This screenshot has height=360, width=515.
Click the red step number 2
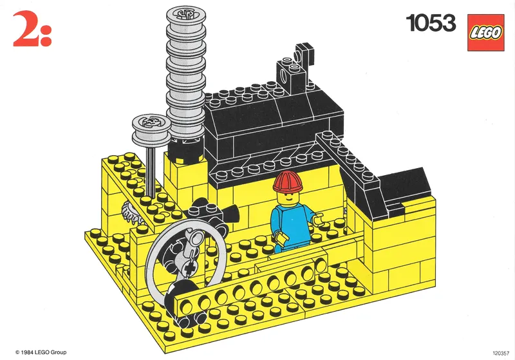[x=23, y=31]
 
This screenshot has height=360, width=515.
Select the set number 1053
[x=431, y=24]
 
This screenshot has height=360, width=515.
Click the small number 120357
[x=500, y=352]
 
